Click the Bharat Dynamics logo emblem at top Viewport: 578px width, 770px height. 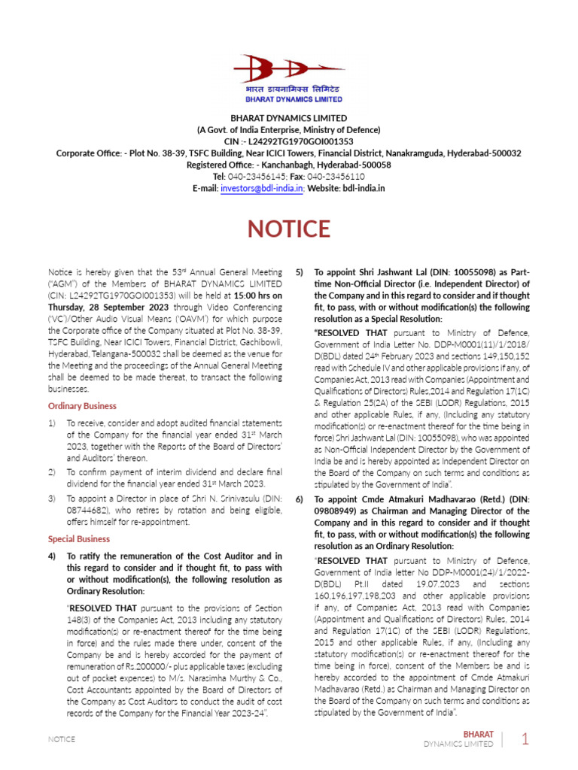[x=288, y=70]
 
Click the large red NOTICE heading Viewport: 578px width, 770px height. [x=289, y=229]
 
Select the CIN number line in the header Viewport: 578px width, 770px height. [x=289, y=141]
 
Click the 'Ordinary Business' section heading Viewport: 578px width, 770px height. [x=83, y=405]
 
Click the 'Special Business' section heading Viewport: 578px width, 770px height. [x=79, y=538]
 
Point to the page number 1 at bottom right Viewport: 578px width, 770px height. [x=526, y=739]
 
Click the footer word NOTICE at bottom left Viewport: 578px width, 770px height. [x=62, y=739]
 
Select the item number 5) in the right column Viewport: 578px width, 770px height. [x=300, y=272]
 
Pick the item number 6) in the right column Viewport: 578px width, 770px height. [x=300, y=499]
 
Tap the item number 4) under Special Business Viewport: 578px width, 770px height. [x=53, y=556]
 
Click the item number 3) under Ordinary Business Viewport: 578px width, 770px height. [x=53, y=499]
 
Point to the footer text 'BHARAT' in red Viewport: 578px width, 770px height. [x=479, y=733]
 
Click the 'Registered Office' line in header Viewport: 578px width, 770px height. [x=289, y=165]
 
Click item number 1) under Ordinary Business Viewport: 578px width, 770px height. [x=53, y=423]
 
